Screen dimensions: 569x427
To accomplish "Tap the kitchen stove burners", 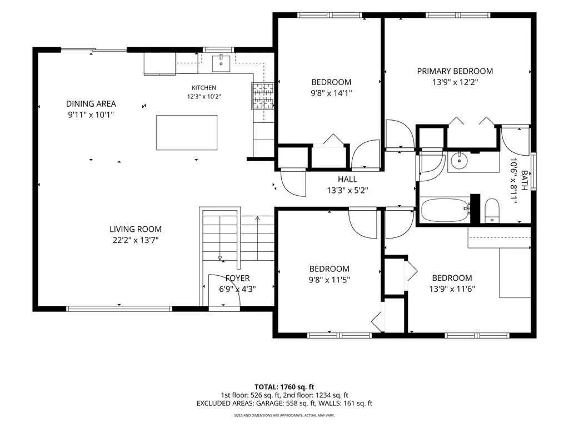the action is point(263,96).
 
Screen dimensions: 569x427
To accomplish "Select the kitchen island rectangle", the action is point(187,132).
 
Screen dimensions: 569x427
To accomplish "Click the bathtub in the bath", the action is point(445,210).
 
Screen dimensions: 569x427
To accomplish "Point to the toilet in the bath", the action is point(492,211).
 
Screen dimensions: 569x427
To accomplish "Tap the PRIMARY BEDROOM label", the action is point(455,71).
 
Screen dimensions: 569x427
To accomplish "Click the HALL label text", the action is point(347,179).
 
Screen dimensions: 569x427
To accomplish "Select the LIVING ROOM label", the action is point(136,229).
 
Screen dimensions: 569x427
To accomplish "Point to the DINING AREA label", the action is point(91,104).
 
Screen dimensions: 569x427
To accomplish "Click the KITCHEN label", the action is point(203,87).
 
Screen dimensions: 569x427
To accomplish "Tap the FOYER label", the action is point(237,278).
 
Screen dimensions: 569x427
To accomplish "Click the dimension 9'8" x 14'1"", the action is point(331,93).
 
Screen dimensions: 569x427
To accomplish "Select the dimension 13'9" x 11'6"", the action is point(452,289).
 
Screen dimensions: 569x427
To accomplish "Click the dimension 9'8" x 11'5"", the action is point(330,280).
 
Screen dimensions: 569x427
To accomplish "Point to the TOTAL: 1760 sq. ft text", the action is point(284,387).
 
